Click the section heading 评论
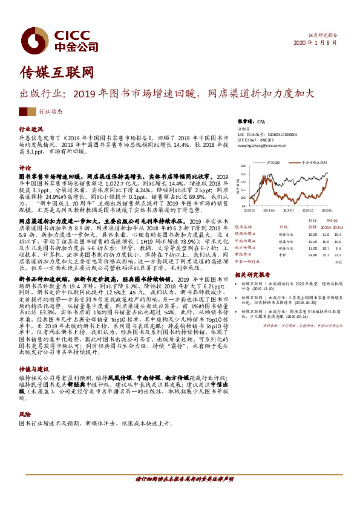[25, 166]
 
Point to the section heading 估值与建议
[33, 368]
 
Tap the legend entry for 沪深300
[274, 163]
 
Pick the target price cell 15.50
[312, 241]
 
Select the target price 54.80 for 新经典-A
[312, 255]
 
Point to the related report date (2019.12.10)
[264, 288]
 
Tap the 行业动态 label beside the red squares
[50, 112]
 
